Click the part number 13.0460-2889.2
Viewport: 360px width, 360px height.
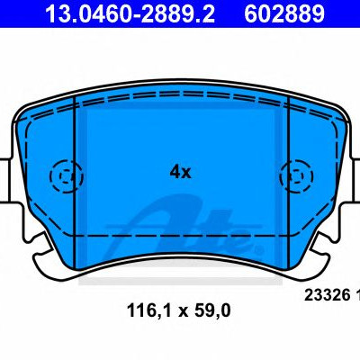[x=130, y=13]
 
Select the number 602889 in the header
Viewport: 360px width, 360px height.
[x=284, y=13]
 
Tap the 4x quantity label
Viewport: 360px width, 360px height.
[x=180, y=172]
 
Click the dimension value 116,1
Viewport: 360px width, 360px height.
[x=149, y=310]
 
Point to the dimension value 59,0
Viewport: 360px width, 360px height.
[x=212, y=310]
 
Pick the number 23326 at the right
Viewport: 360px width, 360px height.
[x=328, y=295]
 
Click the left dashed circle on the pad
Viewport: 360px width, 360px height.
[x=66, y=176]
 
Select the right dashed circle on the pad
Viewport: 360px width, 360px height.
[x=296, y=176]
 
